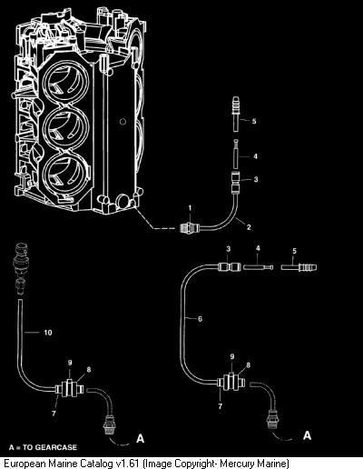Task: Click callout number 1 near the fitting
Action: [190, 208]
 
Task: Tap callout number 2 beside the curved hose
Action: [249, 227]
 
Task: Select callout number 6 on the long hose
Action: [200, 319]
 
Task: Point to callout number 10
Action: [48, 333]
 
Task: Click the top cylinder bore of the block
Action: [65, 82]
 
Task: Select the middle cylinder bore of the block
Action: [66, 127]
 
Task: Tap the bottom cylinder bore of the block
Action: [66, 172]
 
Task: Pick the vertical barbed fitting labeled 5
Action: [236, 114]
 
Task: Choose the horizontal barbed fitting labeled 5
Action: [299, 268]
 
